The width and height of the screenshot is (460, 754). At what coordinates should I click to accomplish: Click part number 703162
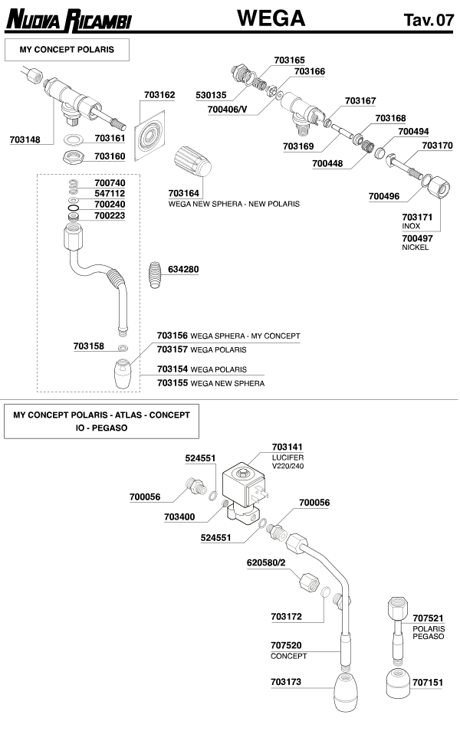point(159,95)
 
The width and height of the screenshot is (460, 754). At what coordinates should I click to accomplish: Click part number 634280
point(183,269)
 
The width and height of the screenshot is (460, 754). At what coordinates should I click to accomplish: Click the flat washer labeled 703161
point(72,139)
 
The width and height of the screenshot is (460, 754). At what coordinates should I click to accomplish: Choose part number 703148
point(25,139)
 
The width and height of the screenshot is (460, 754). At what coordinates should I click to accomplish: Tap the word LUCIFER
point(288,457)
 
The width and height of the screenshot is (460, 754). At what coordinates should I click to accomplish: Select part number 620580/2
point(266,562)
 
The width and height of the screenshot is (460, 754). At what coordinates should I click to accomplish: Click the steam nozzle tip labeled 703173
point(343,690)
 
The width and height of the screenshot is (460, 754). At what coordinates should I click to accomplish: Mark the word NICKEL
point(416,248)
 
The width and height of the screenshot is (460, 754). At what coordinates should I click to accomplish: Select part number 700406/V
point(228,110)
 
